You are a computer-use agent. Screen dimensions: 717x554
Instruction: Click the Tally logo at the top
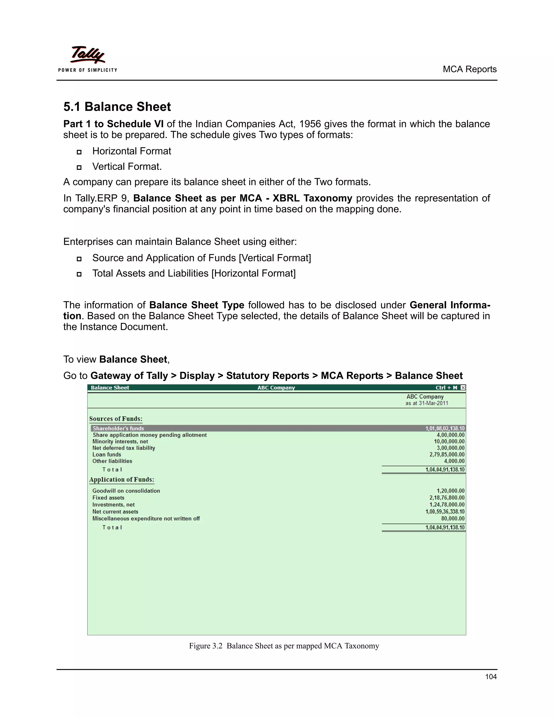point(88,55)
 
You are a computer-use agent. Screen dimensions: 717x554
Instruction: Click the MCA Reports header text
point(469,69)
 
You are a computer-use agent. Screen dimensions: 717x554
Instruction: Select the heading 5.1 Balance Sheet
point(117,107)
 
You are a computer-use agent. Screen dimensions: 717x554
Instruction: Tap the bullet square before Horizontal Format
point(79,152)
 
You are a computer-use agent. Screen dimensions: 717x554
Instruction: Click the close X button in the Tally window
point(463,388)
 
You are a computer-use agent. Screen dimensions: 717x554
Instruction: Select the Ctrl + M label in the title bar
point(446,388)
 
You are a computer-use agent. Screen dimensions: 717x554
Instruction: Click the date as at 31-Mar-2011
point(426,403)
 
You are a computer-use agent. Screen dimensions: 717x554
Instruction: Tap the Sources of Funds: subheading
point(116,419)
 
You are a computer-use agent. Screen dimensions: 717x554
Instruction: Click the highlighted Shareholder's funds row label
point(118,428)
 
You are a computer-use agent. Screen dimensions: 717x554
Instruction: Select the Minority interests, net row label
point(120,442)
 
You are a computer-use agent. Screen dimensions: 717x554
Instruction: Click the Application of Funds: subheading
point(121,480)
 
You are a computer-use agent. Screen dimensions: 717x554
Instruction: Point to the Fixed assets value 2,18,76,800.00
point(447,498)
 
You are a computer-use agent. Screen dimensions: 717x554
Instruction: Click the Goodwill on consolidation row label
point(126,491)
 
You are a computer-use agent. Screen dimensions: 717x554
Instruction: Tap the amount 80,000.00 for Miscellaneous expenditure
point(453,519)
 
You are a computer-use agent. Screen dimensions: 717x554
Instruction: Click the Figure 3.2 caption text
point(284,646)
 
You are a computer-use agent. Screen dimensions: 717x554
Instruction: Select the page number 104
point(491,677)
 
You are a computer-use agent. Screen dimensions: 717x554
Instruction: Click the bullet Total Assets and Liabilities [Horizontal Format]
point(194,274)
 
